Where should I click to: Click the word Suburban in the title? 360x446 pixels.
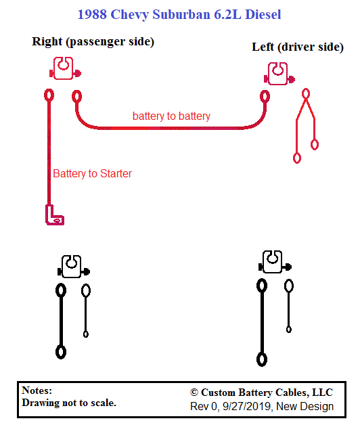click(x=181, y=14)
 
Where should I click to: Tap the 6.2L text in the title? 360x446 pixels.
click(x=227, y=14)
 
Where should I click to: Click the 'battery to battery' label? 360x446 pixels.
click(x=171, y=116)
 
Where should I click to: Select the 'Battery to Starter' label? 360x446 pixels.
click(x=93, y=173)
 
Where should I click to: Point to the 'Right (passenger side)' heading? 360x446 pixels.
click(x=93, y=42)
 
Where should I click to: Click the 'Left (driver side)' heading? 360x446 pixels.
click(x=298, y=47)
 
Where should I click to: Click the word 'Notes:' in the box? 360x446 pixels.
click(x=37, y=391)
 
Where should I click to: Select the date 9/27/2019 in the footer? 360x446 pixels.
click(x=246, y=407)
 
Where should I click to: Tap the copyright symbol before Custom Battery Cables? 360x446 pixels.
click(x=194, y=393)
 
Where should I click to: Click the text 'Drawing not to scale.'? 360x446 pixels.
click(x=69, y=403)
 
